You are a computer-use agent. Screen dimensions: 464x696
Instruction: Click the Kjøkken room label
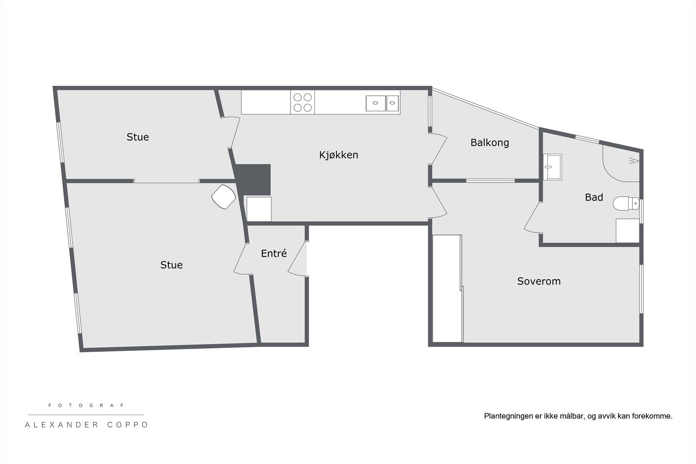coord(338,155)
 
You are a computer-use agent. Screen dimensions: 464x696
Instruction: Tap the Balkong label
coord(489,143)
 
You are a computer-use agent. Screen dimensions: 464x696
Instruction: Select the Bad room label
coord(594,197)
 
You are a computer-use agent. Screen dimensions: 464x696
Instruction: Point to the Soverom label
coord(539,281)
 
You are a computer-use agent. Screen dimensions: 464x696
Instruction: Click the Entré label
coord(274,253)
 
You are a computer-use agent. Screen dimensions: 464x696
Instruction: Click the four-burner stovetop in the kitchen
coord(302,103)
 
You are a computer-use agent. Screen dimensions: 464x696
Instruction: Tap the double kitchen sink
coord(382,103)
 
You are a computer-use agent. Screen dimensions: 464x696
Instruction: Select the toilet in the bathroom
coord(626,203)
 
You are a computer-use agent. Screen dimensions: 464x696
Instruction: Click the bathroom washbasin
coord(552,167)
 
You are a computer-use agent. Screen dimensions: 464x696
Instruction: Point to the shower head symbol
coord(635,161)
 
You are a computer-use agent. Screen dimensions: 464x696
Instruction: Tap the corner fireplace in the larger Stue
coord(224,197)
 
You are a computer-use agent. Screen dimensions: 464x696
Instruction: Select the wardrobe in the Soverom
coord(447,289)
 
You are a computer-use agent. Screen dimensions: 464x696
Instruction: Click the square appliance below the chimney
coord(259,209)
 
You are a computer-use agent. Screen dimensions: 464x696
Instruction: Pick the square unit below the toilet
coord(627,230)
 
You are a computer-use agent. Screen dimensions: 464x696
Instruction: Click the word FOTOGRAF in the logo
coord(86,405)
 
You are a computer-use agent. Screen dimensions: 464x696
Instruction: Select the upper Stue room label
coord(137,137)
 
